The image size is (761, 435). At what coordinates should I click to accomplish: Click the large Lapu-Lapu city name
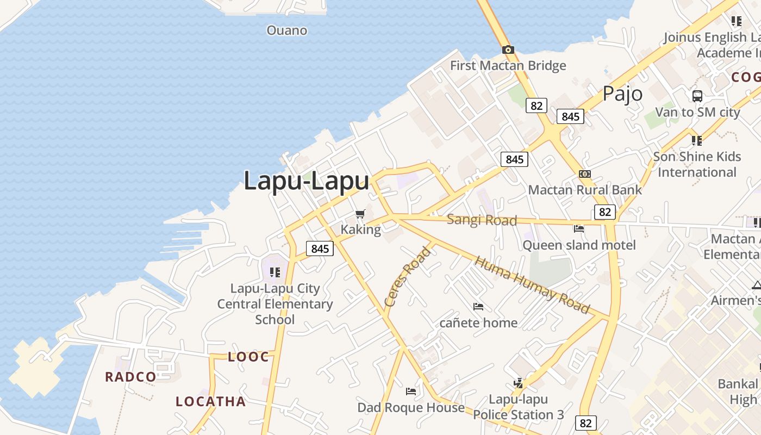coord(306,181)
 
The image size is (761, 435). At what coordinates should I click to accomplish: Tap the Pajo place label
coord(622,94)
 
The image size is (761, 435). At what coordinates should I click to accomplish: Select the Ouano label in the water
coord(286,30)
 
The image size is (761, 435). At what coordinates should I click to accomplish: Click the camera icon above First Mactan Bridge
coord(508,50)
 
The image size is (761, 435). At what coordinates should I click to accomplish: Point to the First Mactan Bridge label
coord(508,66)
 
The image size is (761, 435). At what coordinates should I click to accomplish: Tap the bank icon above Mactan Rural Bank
coord(585,174)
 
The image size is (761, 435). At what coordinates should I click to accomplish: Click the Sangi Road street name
coord(482,220)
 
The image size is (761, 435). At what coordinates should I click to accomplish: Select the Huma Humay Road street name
coord(532,285)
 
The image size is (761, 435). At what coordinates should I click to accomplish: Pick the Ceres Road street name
coord(408,276)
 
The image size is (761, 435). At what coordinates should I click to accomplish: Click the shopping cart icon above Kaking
coord(360,214)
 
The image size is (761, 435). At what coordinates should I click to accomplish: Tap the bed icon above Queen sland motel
coord(579,229)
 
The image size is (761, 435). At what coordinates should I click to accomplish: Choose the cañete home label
coord(478,322)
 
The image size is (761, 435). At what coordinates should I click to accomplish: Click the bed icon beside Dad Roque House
coord(411,391)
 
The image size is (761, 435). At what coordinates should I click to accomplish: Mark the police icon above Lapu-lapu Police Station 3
coord(518,383)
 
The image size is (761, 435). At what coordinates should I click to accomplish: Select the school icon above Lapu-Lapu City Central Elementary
coord(275,272)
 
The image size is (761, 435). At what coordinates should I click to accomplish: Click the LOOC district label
coord(248,357)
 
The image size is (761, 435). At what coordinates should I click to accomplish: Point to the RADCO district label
coord(130,377)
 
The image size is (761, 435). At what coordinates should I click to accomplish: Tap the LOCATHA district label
coord(210,402)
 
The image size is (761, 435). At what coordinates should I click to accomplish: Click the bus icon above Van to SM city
coord(697,96)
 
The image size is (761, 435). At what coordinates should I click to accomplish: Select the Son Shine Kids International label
coord(697,164)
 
